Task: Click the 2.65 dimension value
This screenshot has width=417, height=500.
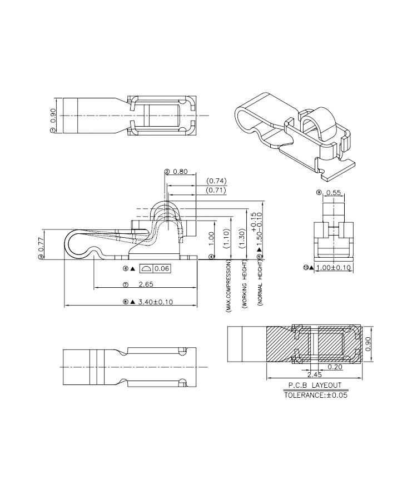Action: click(146, 284)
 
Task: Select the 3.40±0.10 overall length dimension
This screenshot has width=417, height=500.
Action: click(155, 302)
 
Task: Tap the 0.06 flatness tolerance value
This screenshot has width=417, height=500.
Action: click(162, 268)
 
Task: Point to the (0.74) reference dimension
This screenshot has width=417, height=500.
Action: click(216, 181)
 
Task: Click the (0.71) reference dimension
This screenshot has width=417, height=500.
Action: click(216, 191)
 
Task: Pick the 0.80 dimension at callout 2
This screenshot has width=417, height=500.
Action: click(180, 172)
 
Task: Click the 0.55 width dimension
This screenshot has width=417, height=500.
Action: click(334, 193)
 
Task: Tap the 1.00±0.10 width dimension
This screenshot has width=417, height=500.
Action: click(333, 268)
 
